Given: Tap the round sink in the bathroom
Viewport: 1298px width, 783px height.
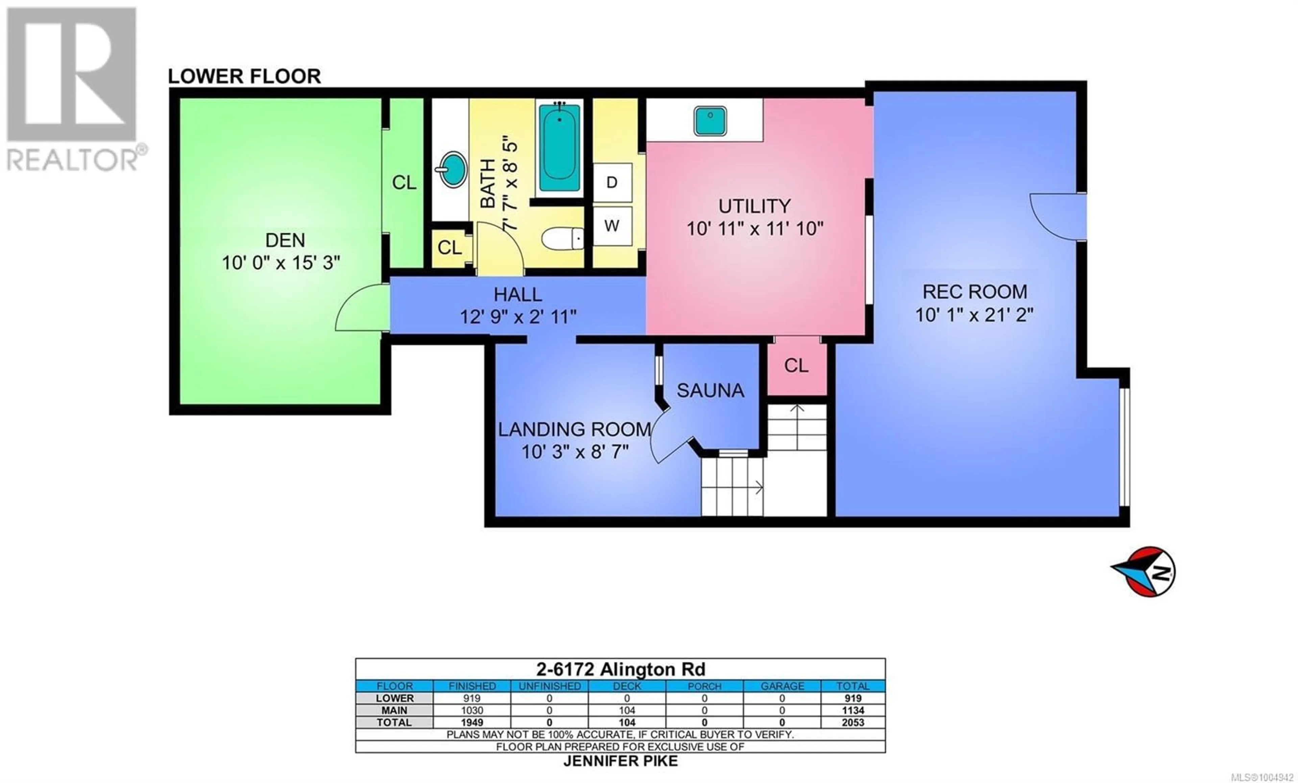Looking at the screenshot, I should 453,169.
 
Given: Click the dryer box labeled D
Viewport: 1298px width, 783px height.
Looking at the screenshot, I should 612,182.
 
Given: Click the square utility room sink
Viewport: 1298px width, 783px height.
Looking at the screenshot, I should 710,121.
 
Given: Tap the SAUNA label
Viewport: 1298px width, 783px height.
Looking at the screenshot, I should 710,390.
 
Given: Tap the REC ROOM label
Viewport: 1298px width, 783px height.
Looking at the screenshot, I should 975,291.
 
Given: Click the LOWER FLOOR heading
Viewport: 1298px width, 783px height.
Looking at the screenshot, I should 244,76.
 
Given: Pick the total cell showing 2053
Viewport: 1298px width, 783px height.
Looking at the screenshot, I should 852,722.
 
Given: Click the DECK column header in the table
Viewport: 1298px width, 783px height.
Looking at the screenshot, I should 627,686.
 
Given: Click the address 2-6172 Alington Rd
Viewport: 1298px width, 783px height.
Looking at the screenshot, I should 620,669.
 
